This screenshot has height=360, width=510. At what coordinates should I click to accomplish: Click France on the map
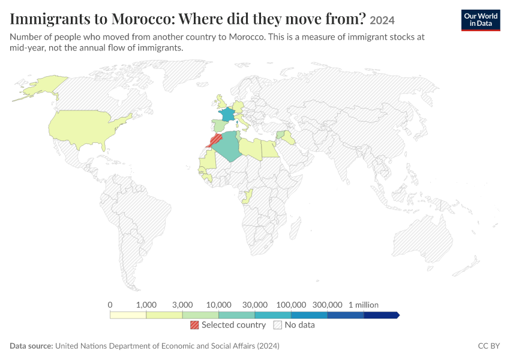[x=227, y=115]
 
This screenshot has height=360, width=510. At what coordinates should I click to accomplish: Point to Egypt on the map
[x=270, y=149]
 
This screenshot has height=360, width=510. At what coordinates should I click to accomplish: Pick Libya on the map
[x=251, y=149]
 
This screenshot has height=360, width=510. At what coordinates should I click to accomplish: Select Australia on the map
[x=423, y=239]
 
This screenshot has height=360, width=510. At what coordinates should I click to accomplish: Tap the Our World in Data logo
[x=481, y=20]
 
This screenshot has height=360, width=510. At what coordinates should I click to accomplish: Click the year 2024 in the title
[x=382, y=20]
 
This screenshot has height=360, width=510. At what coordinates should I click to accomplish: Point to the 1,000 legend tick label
[x=146, y=305]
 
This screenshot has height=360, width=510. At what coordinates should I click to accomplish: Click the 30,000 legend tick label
[x=255, y=305]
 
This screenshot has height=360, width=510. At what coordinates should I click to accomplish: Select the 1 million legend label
[x=364, y=305]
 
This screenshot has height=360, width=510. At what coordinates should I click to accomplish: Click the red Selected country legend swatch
[x=194, y=325]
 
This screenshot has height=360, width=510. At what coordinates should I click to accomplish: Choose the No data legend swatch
[x=278, y=325]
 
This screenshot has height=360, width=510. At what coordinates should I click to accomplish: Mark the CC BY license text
[x=489, y=346]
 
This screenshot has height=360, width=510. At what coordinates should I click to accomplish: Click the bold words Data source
[x=31, y=346]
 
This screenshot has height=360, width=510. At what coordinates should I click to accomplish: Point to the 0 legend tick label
[x=110, y=305]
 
